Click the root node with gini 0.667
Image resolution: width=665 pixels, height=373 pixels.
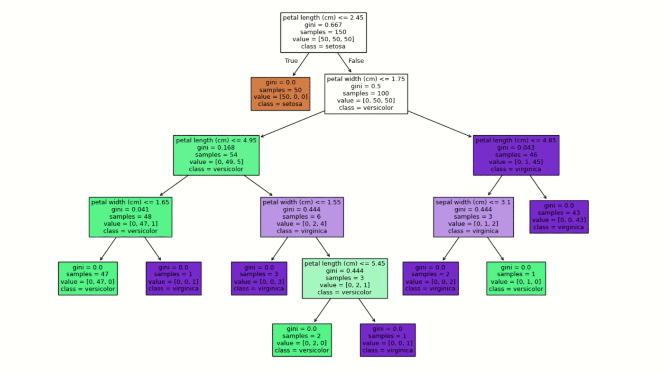(323, 32)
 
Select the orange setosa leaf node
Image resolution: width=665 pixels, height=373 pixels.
(280, 93)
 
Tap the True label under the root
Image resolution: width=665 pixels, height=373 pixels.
(291, 61)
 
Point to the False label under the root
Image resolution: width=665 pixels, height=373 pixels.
(356, 61)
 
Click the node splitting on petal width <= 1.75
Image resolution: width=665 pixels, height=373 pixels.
(366, 93)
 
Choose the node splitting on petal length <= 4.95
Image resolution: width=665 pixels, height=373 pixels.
(216, 155)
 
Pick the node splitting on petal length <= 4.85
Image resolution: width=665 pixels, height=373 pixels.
(516, 155)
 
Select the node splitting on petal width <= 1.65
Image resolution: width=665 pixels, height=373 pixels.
(130, 216)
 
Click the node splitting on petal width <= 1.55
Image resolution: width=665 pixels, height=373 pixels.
(302, 216)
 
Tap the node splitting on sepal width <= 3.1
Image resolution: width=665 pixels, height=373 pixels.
(473, 216)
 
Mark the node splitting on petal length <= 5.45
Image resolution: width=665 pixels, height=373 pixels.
(345, 278)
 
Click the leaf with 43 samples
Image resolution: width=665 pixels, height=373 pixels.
(559, 216)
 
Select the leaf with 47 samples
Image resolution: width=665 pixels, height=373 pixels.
(88, 278)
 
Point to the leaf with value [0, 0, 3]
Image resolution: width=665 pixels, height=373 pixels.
(259, 278)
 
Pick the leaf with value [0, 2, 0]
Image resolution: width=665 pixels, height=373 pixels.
(302, 340)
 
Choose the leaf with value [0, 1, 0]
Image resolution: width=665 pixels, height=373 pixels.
(516, 278)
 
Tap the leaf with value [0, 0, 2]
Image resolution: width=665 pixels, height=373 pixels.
(431, 278)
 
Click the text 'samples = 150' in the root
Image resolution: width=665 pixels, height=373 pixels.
(323, 32)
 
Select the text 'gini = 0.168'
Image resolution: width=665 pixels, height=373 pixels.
(216, 148)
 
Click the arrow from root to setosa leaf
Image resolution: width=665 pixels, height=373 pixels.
(301, 64)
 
